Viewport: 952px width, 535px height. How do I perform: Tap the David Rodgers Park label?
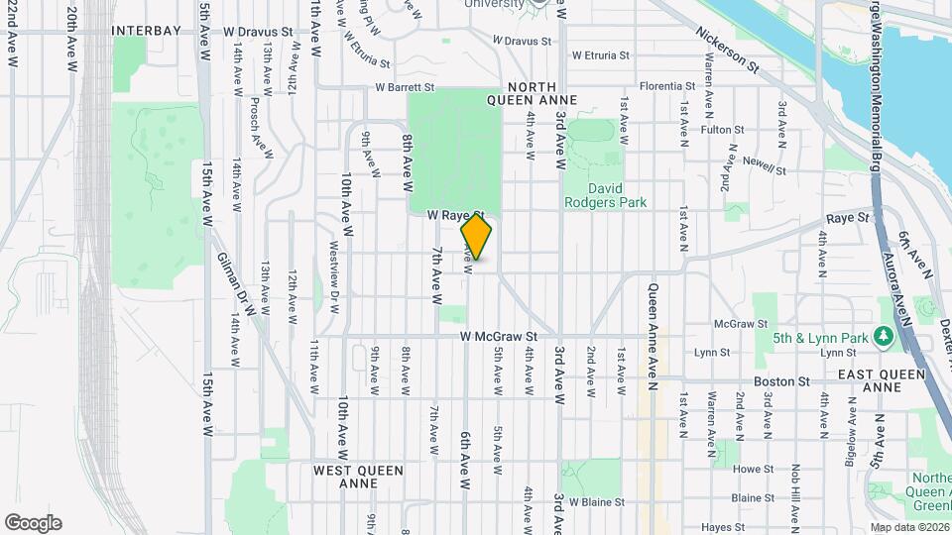click(605, 195)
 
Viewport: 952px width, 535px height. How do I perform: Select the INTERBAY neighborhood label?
click(146, 31)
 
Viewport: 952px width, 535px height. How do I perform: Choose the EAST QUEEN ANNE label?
click(882, 380)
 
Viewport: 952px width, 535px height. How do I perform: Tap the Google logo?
click(33, 523)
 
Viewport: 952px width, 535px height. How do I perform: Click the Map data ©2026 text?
click(909, 527)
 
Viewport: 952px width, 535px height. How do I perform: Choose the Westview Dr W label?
click(334, 278)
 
